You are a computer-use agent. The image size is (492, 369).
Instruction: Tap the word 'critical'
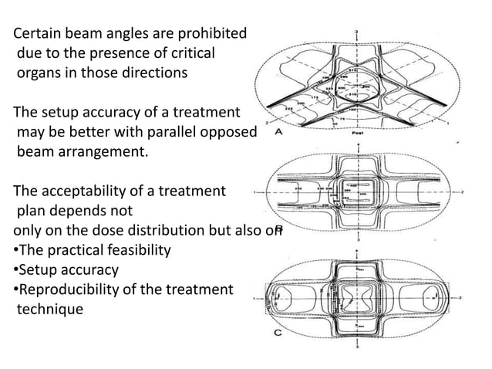point(188,54)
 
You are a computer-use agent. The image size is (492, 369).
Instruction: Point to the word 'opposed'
point(229,133)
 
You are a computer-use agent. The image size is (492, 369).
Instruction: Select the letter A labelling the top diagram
point(277,132)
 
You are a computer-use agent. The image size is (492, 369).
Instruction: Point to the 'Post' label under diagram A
point(357,132)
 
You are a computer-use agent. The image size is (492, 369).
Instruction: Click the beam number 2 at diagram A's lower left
point(268,123)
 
